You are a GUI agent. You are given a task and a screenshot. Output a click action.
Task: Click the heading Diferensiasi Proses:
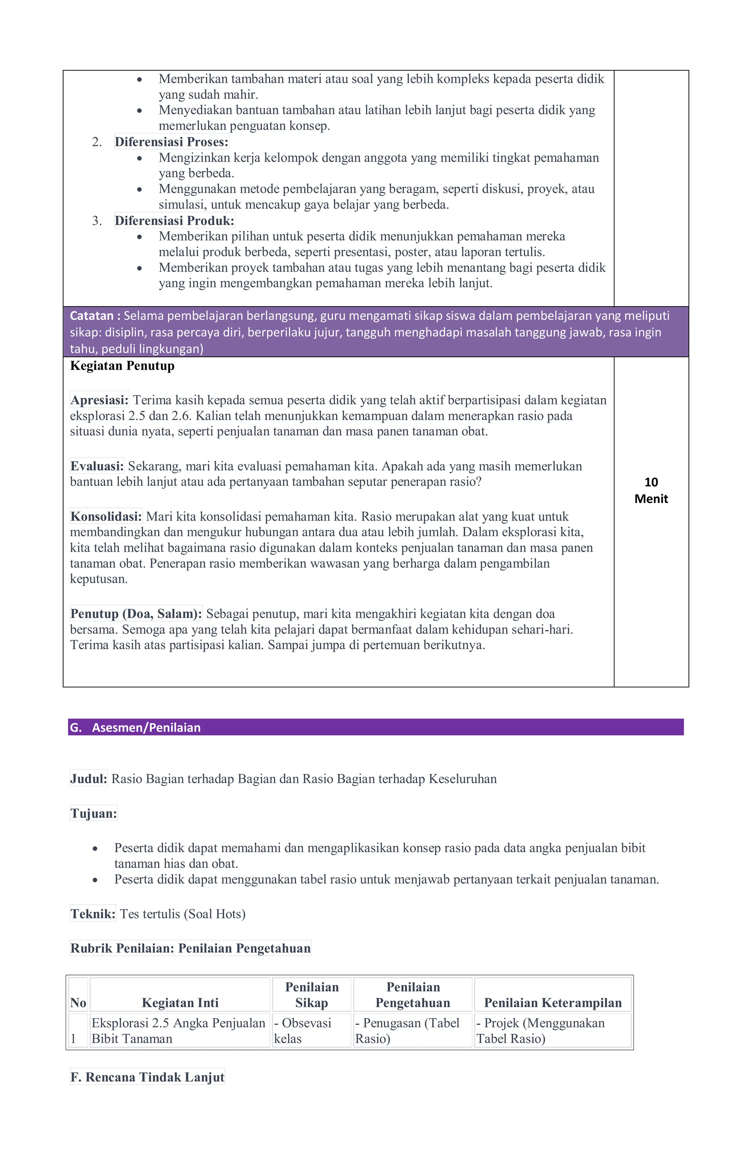tap(171, 142)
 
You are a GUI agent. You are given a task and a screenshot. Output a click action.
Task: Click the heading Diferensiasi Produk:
tap(174, 221)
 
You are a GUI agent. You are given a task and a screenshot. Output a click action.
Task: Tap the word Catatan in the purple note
tap(92, 316)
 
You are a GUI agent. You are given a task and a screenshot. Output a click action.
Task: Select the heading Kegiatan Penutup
tap(122, 366)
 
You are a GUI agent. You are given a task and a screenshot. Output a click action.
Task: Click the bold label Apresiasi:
tap(100, 400)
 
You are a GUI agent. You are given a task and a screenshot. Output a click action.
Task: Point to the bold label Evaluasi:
tap(97, 466)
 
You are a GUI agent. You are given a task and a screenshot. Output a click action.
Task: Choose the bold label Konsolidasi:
tap(106, 516)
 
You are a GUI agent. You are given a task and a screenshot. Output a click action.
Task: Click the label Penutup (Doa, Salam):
tap(136, 614)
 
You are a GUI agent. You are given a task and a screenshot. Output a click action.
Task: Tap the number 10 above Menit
tap(651, 483)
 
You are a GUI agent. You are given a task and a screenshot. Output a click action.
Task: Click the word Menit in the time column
tap(651, 499)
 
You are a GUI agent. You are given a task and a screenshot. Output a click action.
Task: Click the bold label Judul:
tap(88, 779)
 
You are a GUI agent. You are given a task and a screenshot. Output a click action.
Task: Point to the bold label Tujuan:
tap(94, 813)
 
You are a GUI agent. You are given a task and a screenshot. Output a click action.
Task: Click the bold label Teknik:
tap(93, 914)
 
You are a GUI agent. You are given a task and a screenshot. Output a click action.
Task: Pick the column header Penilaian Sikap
tap(311, 995)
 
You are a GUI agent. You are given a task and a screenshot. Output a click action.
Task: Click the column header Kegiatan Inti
tap(180, 1002)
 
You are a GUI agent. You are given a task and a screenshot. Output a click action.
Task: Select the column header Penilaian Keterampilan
tap(552, 1002)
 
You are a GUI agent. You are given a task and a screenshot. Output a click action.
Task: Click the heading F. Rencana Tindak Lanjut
tap(147, 1077)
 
